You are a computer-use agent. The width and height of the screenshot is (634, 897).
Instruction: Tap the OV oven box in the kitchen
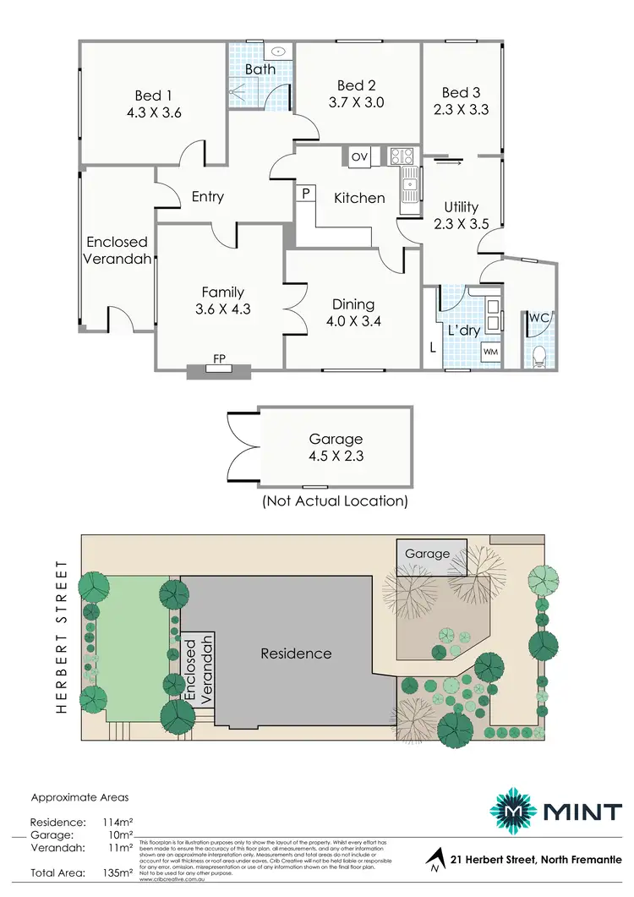(359, 156)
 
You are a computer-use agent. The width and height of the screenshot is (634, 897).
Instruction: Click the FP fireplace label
(219, 359)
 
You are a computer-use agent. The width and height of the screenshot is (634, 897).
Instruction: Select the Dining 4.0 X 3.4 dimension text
(353, 320)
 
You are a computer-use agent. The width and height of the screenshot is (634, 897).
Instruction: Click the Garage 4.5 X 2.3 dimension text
(336, 455)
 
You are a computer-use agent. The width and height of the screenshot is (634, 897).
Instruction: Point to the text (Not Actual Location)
(335, 500)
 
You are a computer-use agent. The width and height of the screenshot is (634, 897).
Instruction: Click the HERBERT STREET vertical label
(61, 636)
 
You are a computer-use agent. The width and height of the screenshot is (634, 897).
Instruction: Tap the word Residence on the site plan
(295, 654)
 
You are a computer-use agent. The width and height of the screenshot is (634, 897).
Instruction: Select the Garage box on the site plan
(430, 553)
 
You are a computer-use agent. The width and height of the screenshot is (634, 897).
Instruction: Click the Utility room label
(462, 206)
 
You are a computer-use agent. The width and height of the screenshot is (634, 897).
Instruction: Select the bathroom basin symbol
(278, 50)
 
